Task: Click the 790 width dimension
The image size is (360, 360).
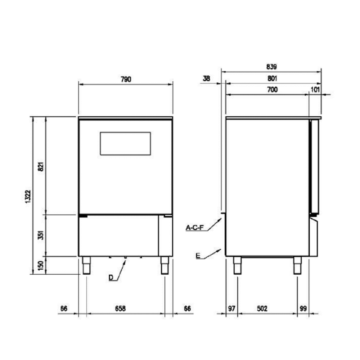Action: click(125, 79)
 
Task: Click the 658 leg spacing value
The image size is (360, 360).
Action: click(120, 309)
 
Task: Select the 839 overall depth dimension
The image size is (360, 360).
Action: click(271, 67)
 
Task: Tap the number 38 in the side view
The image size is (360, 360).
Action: click(206, 78)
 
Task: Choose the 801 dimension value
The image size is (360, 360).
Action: click(272, 78)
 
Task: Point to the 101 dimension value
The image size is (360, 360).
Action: click(315, 90)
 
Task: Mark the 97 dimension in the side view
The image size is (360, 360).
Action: click(231, 309)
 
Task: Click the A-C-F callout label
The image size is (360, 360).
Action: click(195, 228)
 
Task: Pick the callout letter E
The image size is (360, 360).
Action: click(198, 256)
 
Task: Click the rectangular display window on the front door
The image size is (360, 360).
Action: click(125, 144)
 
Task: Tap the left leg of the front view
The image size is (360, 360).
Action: click(86, 265)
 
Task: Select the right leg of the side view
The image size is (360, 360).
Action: click(297, 265)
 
